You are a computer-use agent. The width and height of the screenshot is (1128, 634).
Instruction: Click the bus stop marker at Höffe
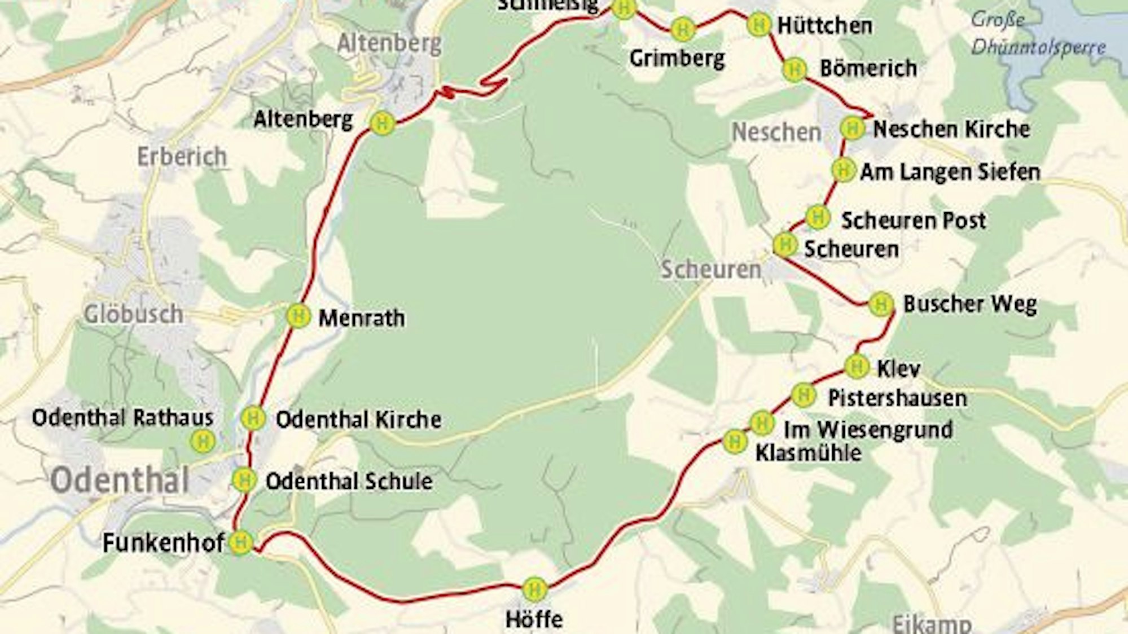tap(534, 589)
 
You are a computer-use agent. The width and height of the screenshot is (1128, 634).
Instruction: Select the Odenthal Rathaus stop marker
tap(203, 441)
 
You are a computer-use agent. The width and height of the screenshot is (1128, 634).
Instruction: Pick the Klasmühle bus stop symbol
tap(735, 441)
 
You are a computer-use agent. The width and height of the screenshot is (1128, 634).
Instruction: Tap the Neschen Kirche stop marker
tap(852, 128)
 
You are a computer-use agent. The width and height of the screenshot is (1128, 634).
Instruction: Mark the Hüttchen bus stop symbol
tap(759, 25)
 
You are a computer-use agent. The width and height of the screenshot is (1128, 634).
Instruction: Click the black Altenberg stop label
tap(303, 119)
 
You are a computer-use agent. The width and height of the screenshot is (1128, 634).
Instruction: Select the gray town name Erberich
tap(182, 156)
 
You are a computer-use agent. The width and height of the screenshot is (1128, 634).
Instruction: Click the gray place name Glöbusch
tap(133, 314)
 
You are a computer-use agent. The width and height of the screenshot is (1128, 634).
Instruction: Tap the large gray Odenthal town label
tap(120, 481)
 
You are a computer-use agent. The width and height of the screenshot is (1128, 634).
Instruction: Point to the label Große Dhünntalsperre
tap(1037, 34)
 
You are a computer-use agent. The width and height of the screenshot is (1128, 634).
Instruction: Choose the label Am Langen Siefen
tap(950, 172)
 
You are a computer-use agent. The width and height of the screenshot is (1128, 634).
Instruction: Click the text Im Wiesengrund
tap(868, 430)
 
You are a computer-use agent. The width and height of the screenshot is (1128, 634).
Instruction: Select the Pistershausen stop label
tap(897, 398)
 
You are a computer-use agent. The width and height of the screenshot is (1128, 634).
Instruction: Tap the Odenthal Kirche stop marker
tap(253, 418)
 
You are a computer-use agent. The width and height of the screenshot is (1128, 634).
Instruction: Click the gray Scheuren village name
tap(711, 270)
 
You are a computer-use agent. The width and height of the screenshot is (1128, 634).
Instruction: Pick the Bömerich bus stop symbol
tap(795, 69)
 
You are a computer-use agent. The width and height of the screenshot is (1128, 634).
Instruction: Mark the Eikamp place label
tap(932, 624)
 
